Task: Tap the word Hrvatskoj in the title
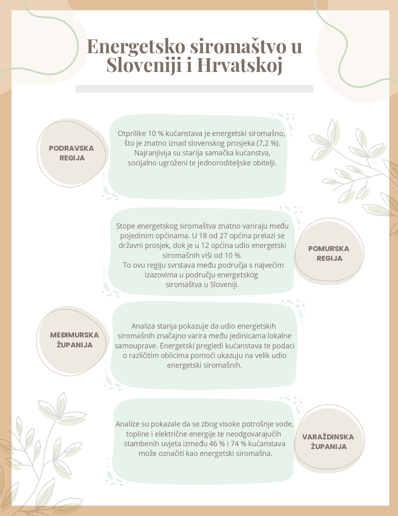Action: coord(239,65)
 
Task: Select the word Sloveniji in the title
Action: coord(144,65)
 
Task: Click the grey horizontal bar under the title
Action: coord(194,89)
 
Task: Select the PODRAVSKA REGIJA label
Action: coord(71,153)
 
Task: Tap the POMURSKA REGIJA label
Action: coord(329,253)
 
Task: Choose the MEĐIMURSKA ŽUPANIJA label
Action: coord(75,340)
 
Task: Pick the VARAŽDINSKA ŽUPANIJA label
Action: coord(328,442)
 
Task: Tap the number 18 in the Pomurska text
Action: coord(203,236)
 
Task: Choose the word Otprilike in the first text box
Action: coord(132,134)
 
